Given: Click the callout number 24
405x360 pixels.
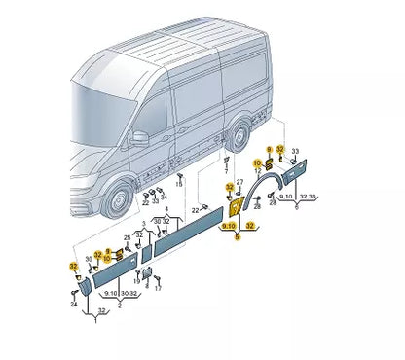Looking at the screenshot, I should (x=73, y=305).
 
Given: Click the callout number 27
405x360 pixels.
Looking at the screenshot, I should (x=239, y=182).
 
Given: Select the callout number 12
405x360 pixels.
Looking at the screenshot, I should (x=97, y=254).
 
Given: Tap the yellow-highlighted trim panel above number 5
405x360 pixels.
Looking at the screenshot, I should (x=236, y=213).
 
